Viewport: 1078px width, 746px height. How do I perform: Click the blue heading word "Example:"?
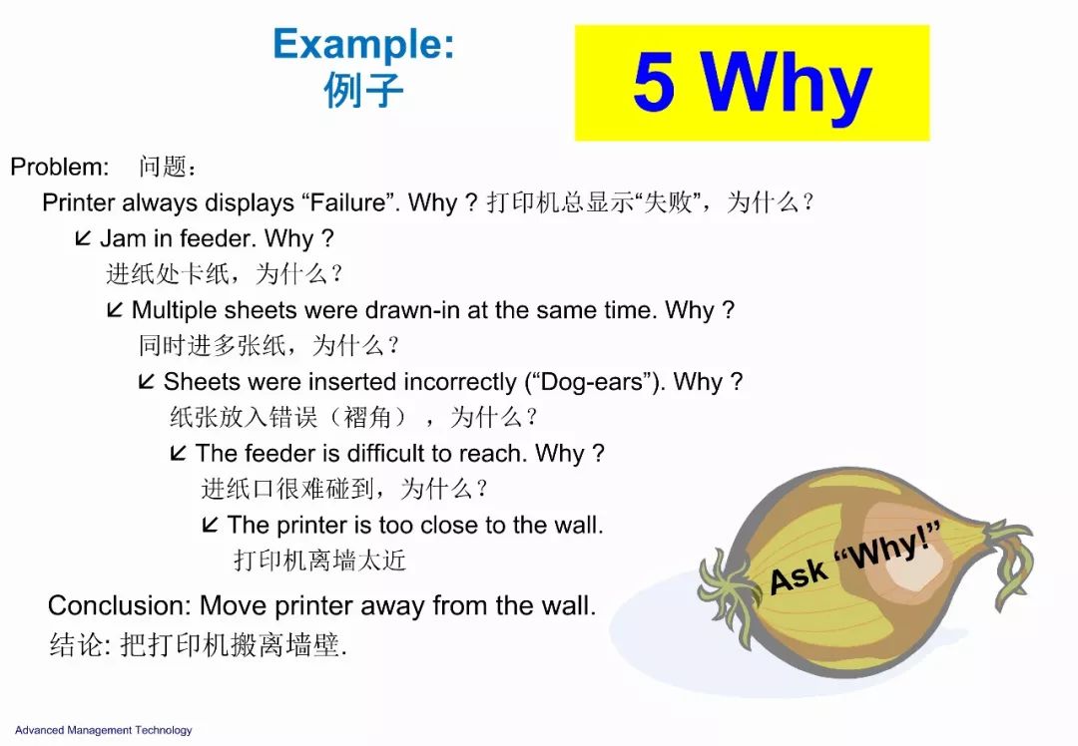click(x=363, y=46)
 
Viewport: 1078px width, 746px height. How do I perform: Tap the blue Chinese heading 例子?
click(x=363, y=90)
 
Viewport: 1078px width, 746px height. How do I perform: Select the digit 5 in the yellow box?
click(x=654, y=82)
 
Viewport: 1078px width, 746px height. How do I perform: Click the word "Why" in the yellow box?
click(x=786, y=87)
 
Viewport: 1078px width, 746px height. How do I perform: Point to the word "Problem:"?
click(x=60, y=167)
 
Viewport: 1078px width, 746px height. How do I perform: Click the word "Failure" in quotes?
click(x=348, y=202)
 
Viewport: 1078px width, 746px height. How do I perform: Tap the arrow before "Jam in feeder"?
click(x=83, y=237)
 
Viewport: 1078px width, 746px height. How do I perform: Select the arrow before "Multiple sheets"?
click(x=115, y=309)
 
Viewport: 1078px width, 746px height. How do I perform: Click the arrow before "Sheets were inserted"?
click(x=147, y=381)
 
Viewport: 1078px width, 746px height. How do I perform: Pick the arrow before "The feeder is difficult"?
click(x=178, y=453)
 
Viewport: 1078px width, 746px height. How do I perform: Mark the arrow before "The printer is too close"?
click(x=211, y=525)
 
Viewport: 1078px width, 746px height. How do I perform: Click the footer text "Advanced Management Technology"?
click(x=104, y=730)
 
